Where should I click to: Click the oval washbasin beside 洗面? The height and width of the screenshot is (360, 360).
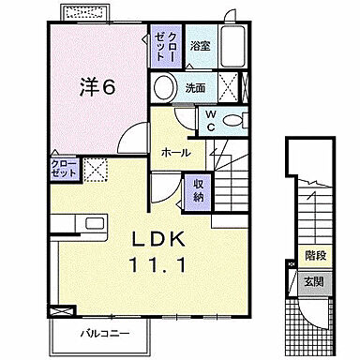[165, 89]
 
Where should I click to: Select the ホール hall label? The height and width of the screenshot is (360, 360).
[176, 152]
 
